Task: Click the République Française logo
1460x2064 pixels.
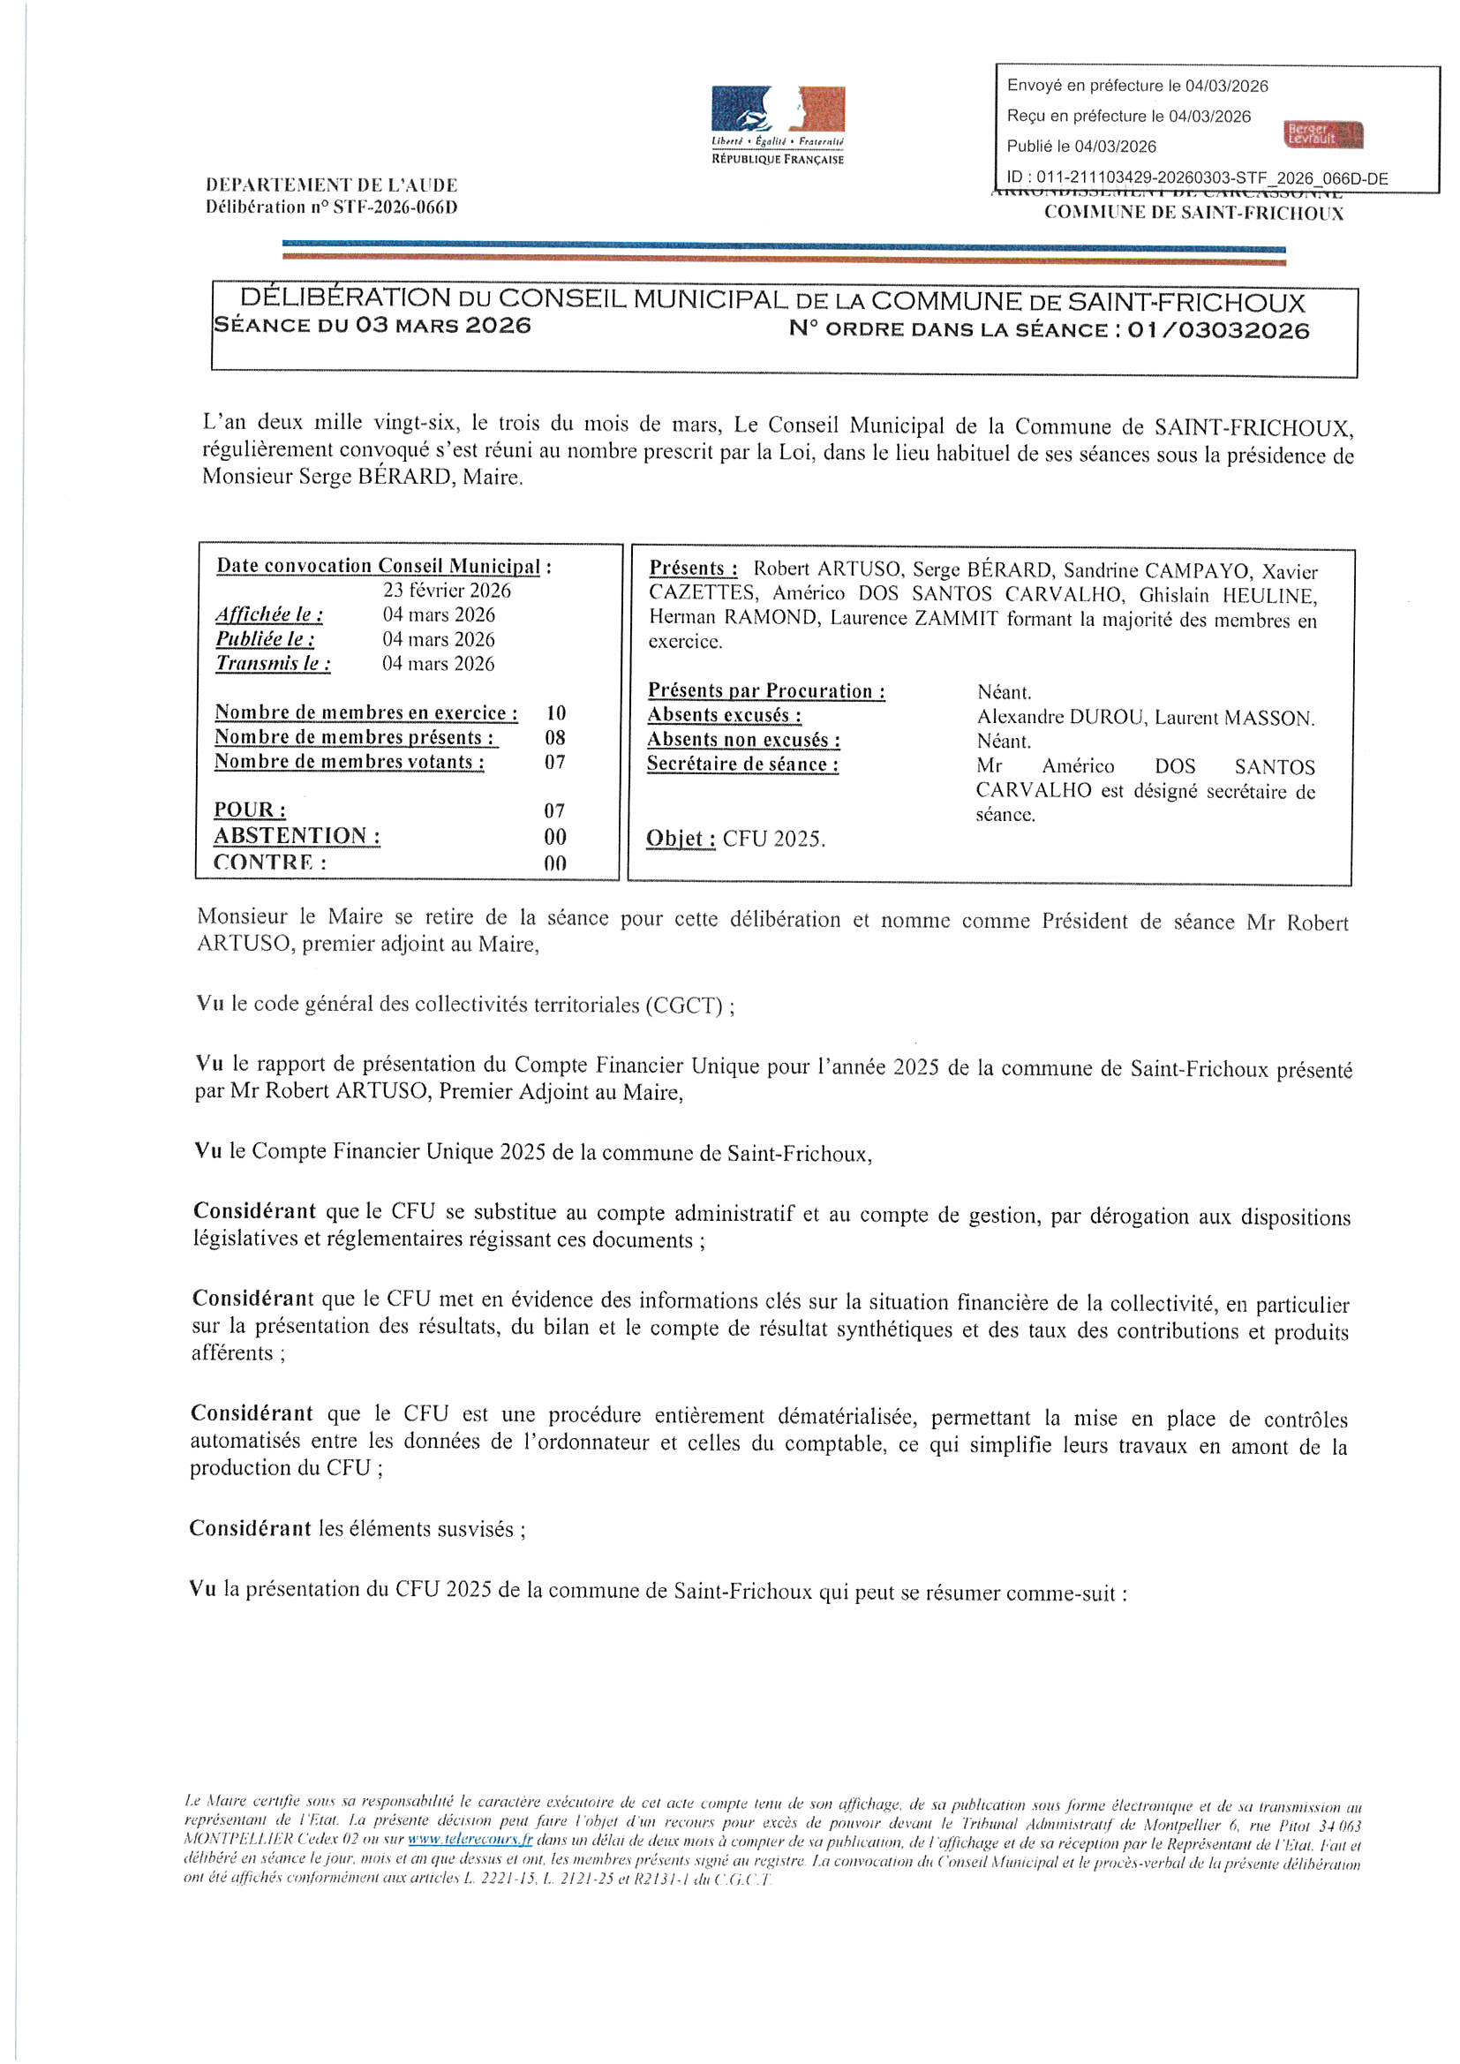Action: click(778, 125)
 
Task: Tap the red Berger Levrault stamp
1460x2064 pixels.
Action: click(1323, 135)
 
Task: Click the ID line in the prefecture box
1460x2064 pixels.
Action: click(1197, 178)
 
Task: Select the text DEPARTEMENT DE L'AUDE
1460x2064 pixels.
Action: click(332, 185)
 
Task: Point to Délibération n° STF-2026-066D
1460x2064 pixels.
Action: click(332, 207)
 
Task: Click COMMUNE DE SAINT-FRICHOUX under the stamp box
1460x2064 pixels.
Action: click(1193, 213)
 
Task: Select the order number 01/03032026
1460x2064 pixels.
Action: click(1218, 330)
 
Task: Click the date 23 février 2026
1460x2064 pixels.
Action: click(447, 591)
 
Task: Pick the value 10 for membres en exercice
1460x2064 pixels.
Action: click(555, 713)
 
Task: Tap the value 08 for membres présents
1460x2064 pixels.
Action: click(555, 738)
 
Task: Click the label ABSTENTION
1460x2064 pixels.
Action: click(296, 836)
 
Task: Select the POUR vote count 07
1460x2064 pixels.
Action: click(554, 810)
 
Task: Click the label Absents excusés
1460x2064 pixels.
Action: click(724, 716)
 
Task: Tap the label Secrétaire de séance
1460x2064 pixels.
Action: click(742, 765)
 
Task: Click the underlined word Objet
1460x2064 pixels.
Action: click(680, 839)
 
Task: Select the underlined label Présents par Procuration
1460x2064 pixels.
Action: click(766, 691)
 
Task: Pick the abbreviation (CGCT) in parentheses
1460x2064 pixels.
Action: click(683, 1005)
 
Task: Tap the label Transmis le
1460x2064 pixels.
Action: click(273, 665)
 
